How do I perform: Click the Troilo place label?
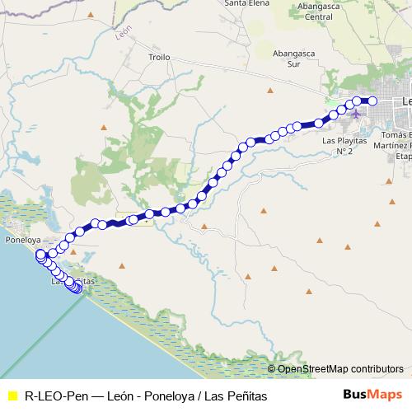(x=159, y=58)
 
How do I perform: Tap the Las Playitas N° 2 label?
(x=337, y=146)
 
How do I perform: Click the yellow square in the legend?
(x=12, y=396)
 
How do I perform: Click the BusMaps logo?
(x=372, y=395)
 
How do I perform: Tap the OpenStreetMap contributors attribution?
(x=340, y=369)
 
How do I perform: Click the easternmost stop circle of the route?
(x=372, y=101)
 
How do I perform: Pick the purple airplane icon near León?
(x=356, y=114)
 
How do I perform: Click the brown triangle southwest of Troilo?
(x=104, y=127)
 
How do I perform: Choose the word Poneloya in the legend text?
(x=167, y=396)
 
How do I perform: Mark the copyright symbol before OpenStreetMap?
(x=271, y=369)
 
